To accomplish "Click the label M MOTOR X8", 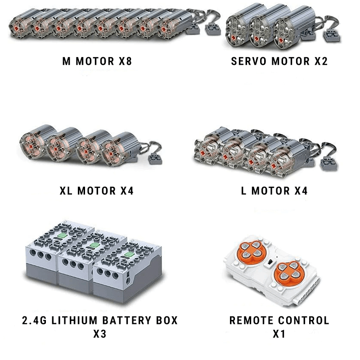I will [97, 61].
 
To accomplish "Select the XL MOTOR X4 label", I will [96, 191].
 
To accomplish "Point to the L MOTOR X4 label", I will [274, 191].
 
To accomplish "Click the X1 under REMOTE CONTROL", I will [279, 334].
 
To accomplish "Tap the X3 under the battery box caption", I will [99, 334].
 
